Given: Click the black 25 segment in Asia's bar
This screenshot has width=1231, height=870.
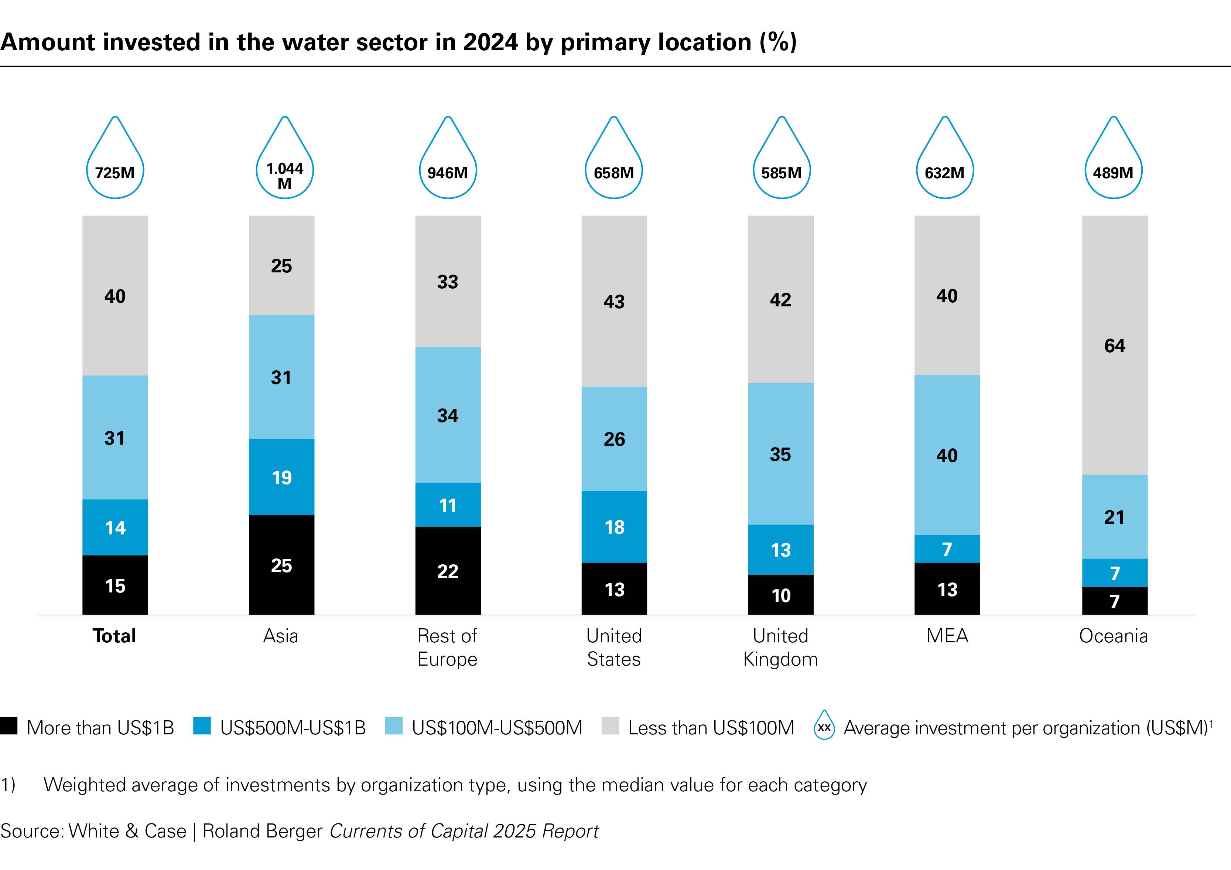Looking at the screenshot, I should click(281, 565).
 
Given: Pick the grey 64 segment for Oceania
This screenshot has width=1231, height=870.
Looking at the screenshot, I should click(1115, 346).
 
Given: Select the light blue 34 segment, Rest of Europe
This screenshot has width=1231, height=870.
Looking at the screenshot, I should click(448, 415).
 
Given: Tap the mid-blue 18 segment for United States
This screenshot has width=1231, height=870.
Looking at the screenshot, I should click(615, 527).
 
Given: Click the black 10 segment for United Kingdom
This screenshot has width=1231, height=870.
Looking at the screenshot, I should click(781, 595).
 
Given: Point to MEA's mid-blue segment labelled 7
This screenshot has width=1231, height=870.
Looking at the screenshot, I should click(947, 549).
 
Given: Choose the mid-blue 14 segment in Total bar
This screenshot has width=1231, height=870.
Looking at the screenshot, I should click(115, 527).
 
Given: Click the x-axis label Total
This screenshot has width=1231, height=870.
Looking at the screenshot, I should click(114, 636).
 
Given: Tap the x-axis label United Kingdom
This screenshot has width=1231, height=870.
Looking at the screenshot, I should click(781, 648).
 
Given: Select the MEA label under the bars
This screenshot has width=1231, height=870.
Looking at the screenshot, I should click(947, 636).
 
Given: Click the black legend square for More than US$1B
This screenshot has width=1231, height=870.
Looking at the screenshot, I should click(9, 726).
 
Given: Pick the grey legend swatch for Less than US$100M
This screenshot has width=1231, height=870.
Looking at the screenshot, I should click(610, 726).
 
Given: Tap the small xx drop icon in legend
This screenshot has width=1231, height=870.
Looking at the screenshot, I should click(824, 726).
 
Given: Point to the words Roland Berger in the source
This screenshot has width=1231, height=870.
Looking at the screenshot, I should click(262, 831).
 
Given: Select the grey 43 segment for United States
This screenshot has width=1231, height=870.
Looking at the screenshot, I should click(615, 302).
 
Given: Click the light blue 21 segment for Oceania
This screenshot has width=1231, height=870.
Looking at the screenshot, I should click(1115, 517).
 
